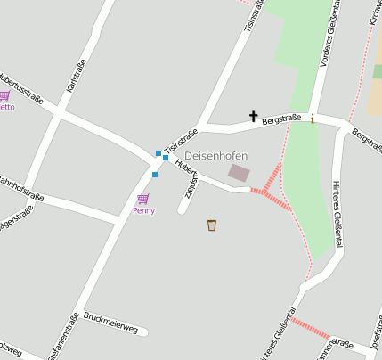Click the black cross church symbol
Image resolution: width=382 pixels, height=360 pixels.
253,116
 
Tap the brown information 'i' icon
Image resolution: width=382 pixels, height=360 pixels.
313,118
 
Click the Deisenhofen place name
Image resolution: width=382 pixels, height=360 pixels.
215,155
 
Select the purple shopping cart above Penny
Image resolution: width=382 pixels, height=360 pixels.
142,199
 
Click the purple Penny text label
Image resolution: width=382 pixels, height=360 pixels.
143,211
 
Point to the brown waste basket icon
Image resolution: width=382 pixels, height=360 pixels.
212,225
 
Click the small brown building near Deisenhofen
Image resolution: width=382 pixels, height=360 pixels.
239,172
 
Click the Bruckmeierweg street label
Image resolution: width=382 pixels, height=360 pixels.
111,323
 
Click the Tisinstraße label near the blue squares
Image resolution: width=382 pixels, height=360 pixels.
181,139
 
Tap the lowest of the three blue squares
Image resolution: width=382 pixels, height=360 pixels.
155,175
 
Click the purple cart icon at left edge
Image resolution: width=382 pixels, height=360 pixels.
4,95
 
